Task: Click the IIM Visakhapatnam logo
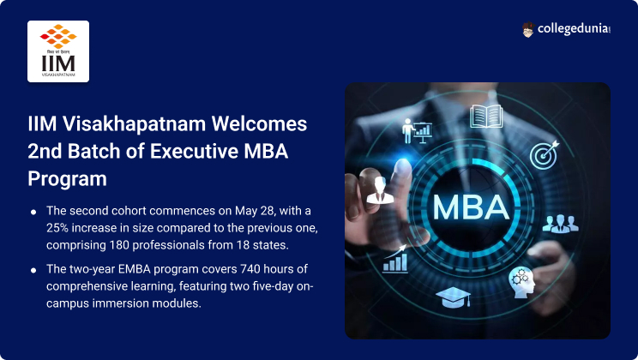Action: click(x=58, y=51)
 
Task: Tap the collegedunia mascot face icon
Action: click(x=527, y=30)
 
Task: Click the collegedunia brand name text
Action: click(x=574, y=29)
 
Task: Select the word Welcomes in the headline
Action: click(x=259, y=123)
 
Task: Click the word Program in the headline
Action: click(x=68, y=179)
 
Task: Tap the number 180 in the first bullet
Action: click(x=119, y=245)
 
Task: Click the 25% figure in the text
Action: click(x=57, y=228)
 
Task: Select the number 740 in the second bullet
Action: click(x=250, y=269)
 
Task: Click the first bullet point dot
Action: click(x=33, y=212)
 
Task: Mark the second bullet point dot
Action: click(x=33, y=270)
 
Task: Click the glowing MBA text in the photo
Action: click(x=471, y=207)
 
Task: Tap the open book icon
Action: click(x=486, y=117)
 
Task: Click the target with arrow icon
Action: click(x=545, y=155)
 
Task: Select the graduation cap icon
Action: click(x=454, y=297)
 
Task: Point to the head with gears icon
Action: click(x=521, y=282)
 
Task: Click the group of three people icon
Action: click(x=560, y=224)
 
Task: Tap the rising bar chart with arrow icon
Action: click(x=395, y=259)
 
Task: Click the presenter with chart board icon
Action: click(x=416, y=131)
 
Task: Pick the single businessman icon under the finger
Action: click(x=380, y=190)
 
